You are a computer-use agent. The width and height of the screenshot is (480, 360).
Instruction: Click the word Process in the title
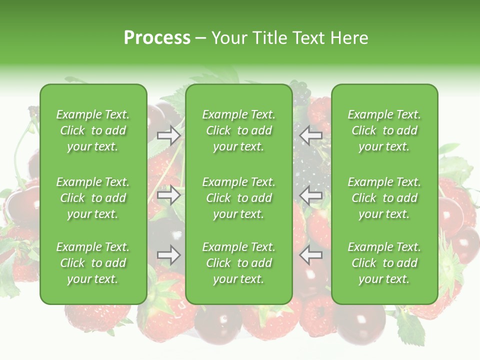click(x=157, y=38)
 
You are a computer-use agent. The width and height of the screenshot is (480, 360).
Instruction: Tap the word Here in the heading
click(x=349, y=38)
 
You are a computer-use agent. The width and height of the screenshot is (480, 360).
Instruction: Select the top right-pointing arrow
click(x=169, y=135)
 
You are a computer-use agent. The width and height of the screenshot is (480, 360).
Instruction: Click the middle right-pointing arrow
click(x=169, y=195)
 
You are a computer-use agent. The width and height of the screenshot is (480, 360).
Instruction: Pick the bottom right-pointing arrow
click(x=169, y=255)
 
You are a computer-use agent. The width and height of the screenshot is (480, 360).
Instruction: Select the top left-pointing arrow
click(x=311, y=135)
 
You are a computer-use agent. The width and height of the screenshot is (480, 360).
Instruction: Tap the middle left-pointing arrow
click(x=311, y=195)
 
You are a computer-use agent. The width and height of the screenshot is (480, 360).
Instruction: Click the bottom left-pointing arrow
click(x=311, y=254)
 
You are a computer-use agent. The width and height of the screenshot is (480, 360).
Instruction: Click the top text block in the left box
click(x=93, y=130)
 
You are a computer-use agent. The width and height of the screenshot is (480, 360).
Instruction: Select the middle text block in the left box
click(x=93, y=198)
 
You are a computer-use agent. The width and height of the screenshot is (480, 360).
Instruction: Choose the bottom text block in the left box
click(x=93, y=263)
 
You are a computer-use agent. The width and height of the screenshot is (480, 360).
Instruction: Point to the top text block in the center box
click(x=239, y=130)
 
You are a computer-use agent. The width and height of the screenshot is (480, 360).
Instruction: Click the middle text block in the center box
click(x=239, y=198)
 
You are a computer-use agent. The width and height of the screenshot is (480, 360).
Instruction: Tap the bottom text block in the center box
click(x=239, y=263)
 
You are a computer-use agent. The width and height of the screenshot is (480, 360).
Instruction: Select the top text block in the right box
click(x=384, y=130)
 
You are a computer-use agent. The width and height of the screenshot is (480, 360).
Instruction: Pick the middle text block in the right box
click(x=384, y=198)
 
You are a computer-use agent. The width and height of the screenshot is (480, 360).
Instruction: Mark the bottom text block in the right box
click(x=384, y=263)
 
